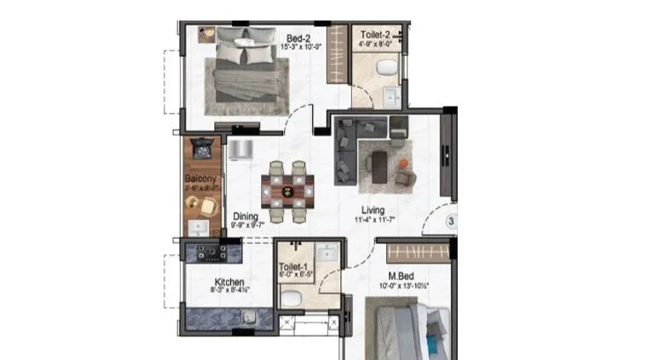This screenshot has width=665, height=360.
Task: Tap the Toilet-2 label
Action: pyautogui.click(x=375, y=36)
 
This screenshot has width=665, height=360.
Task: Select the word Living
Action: pyautogui.click(x=372, y=210)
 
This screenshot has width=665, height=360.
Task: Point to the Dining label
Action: pyautogui.click(x=245, y=217)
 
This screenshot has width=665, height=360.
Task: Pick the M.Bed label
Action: pyautogui.click(x=401, y=276)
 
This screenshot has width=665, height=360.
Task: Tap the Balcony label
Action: pyautogui.click(x=201, y=179)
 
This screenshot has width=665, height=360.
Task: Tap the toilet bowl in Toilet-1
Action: pyautogui.click(x=291, y=299)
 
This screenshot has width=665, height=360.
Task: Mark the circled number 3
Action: pyautogui.click(x=454, y=224)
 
